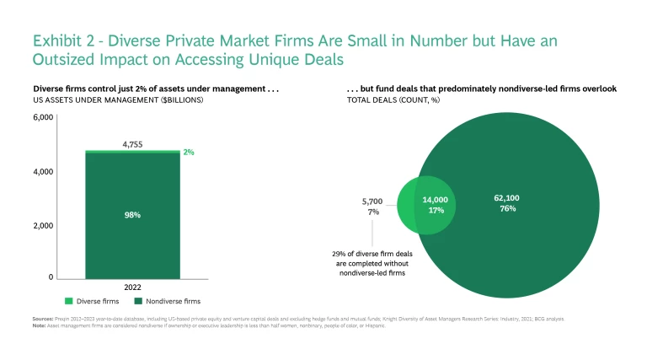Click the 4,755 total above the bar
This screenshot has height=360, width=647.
point(132,144)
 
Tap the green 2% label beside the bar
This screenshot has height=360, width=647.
point(190,153)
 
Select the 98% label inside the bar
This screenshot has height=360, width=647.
point(132,215)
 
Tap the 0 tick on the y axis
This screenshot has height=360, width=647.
point(51,277)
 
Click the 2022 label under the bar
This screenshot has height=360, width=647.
point(132,287)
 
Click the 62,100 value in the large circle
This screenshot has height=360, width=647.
point(506,198)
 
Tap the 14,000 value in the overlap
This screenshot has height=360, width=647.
point(435,200)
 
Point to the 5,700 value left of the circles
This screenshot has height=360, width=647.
point(372,201)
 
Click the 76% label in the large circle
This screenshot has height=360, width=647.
point(506,208)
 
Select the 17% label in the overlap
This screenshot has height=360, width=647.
point(436,210)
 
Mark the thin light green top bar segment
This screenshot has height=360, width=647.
point(132,152)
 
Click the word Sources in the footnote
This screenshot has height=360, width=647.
point(43,319)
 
